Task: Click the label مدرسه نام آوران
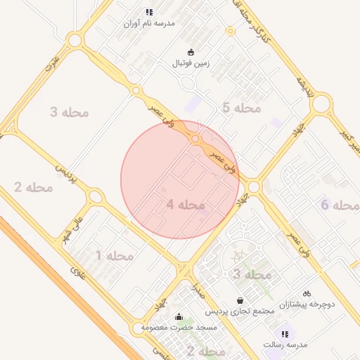(148, 23)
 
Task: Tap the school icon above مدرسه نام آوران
(148, 12)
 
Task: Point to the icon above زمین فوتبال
(191, 51)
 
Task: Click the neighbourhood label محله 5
(241, 108)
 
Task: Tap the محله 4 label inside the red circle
(186, 205)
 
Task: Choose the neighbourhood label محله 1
(114, 255)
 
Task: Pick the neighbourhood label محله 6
(340, 205)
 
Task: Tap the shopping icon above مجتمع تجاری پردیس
(240, 300)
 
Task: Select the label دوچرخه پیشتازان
(307, 304)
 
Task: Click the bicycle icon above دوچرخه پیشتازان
(307, 293)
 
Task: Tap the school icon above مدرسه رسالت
(285, 334)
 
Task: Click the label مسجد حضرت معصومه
(179, 328)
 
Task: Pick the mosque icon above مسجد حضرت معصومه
(179, 316)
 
